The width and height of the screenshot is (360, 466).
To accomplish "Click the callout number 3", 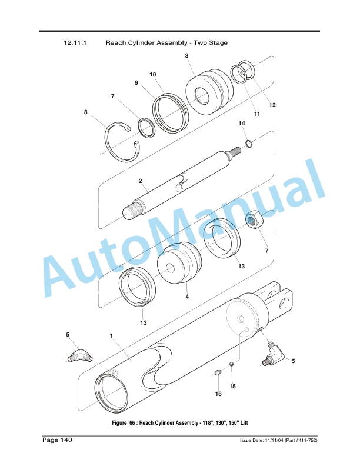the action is click(x=186, y=55).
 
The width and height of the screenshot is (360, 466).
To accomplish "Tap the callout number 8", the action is click(x=85, y=112).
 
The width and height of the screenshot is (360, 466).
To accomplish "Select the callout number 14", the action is click(x=242, y=123).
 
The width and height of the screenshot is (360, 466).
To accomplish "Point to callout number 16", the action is click(x=218, y=394).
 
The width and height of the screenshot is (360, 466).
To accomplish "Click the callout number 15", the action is click(x=232, y=386).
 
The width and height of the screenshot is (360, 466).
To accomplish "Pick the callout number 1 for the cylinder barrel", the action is click(x=111, y=335).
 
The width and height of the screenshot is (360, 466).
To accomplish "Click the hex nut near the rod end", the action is click(x=252, y=221).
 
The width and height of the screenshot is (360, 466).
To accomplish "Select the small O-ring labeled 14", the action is click(x=249, y=144).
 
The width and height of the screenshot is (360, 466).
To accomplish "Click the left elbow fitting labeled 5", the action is click(x=79, y=355).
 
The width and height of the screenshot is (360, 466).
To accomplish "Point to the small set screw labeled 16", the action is click(x=218, y=372).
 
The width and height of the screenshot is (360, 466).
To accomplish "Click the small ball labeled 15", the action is click(x=232, y=365).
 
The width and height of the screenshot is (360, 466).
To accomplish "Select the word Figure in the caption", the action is click(x=119, y=422).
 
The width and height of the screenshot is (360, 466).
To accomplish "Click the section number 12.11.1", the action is click(x=75, y=42).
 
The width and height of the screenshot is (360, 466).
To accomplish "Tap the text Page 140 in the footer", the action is click(x=57, y=440).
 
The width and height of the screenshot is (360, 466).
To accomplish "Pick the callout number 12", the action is click(x=272, y=105).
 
